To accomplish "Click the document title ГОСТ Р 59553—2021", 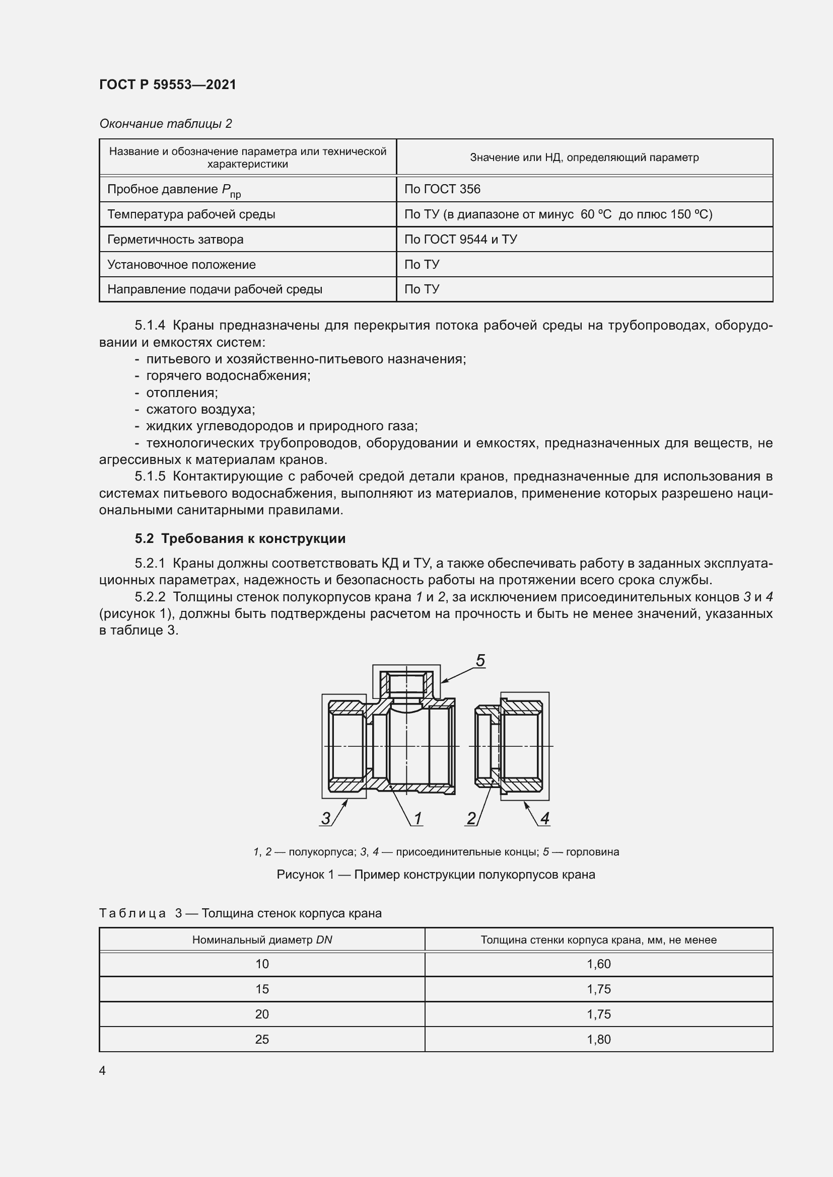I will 168,85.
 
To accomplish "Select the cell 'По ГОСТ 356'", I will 442,189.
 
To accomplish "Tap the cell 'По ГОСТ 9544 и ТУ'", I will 460,240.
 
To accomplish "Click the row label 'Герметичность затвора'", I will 175,240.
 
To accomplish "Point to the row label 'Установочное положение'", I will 181,265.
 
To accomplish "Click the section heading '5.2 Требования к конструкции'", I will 240,538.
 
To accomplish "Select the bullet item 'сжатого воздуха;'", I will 200,409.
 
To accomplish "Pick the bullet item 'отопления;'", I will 182,393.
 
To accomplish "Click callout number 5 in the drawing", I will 480,660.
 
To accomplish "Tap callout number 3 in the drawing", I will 326,818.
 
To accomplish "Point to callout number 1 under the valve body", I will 418,818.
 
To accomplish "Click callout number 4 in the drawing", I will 545,818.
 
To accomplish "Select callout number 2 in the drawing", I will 471,818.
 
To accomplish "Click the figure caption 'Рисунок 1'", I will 436,875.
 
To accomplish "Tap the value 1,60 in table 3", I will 599,964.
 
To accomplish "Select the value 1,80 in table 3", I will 599,1039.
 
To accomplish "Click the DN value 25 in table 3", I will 262,1039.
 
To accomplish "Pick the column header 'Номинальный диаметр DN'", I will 262,939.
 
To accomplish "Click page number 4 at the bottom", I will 103,1070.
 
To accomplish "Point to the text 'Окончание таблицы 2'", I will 165,124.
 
